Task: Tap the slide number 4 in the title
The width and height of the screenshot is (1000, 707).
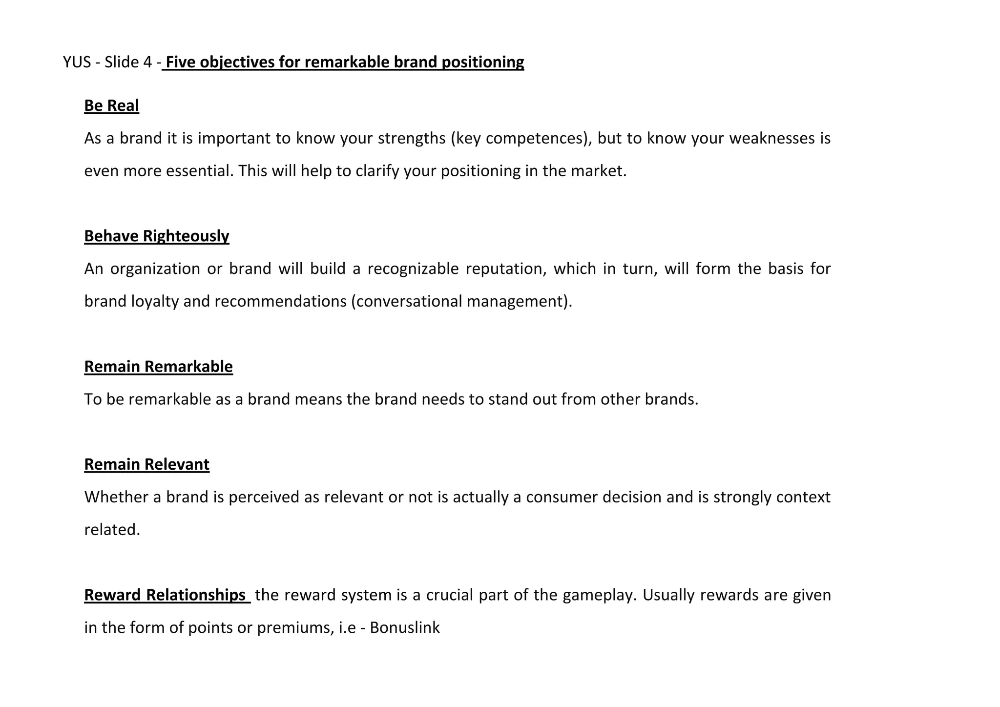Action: (x=148, y=62)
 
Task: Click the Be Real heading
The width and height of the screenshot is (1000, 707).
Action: (x=111, y=105)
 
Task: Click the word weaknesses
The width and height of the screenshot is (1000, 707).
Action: (x=771, y=139)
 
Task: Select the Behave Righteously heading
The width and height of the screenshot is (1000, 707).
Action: (x=156, y=236)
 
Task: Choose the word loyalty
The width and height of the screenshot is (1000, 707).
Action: (x=155, y=301)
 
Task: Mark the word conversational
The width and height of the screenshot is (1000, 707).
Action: (x=409, y=301)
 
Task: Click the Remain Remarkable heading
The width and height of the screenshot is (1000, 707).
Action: (x=158, y=366)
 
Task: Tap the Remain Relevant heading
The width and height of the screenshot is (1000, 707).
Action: (x=146, y=464)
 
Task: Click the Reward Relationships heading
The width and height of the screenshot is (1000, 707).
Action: (x=165, y=595)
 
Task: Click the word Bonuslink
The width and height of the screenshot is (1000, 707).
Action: (x=405, y=627)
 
